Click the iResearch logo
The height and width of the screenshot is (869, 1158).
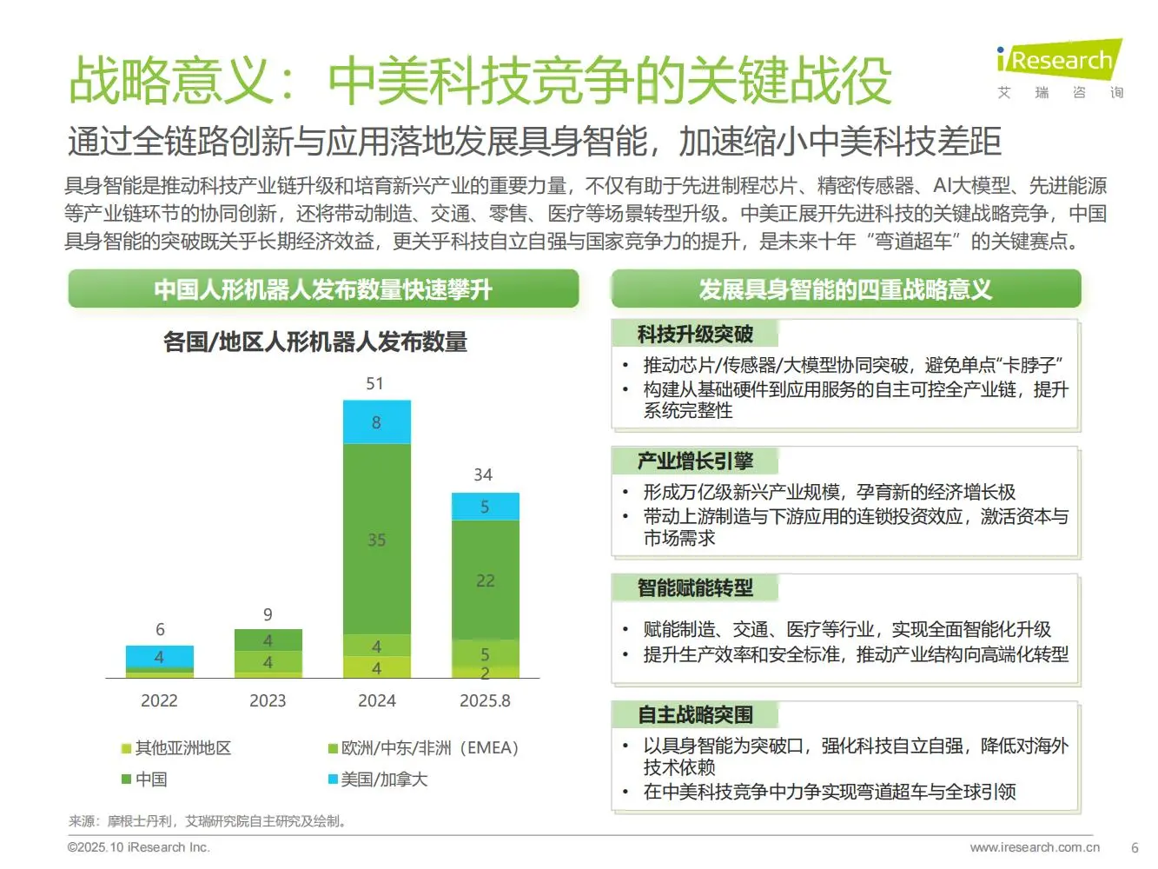coord(1059,69)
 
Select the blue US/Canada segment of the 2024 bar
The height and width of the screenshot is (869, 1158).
coord(376,422)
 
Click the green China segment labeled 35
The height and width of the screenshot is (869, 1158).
coord(376,539)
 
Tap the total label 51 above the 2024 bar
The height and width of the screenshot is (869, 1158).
coord(374,383)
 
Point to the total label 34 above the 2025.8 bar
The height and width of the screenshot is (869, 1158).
coord(483,474)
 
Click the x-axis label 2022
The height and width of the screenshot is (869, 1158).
coord(159,700)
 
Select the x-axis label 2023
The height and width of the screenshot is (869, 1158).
coord(268,700)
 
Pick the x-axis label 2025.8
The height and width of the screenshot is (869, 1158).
coord(485,700)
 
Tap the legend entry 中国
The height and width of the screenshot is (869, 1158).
coord(150,779)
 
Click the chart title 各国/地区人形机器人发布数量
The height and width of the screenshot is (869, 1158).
coord(315,342)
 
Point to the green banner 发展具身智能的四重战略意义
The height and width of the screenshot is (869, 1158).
coord(845,289)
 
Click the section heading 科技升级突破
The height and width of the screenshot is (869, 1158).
coord(695,335)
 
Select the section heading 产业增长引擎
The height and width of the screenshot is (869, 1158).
coord(695,461)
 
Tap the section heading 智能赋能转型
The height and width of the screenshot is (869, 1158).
coord(695,588)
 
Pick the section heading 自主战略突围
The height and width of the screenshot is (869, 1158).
coord(695,715)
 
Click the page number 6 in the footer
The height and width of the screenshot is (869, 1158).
coord(1135,847)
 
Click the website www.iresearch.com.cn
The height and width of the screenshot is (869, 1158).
coord(1035,847)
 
